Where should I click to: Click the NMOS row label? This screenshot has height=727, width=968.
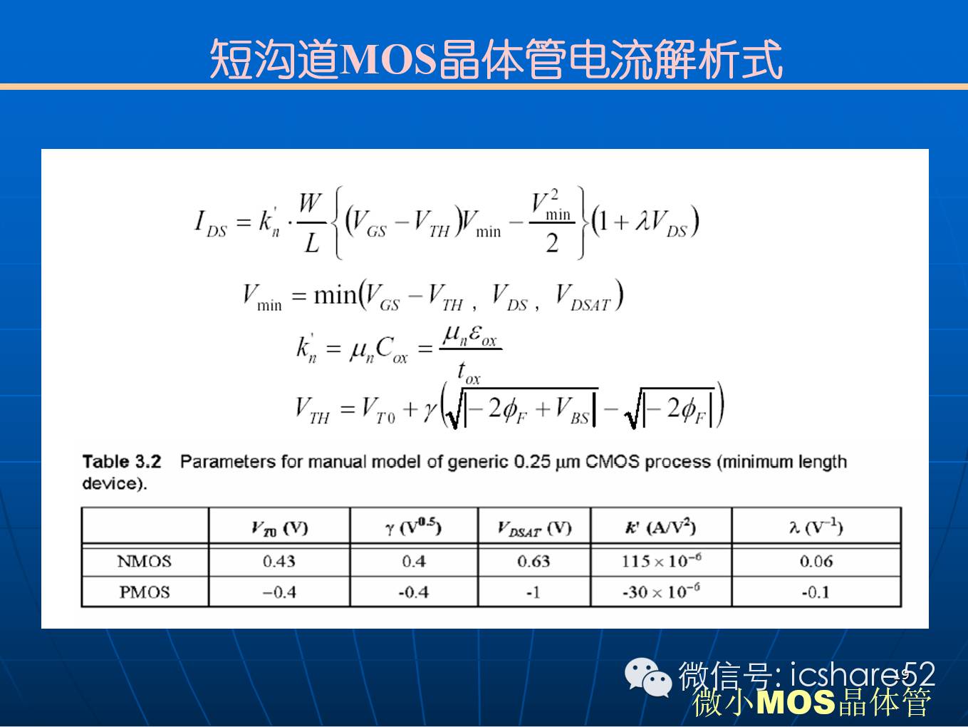(144, 561)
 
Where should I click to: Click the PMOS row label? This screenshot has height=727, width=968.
(144, 592)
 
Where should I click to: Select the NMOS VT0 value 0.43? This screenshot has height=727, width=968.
(279, 561)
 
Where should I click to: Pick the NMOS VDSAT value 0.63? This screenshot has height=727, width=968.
(534, 561)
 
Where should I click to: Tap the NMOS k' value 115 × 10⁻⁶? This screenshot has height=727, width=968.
(662, 560)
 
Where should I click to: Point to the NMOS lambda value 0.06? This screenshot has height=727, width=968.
(816, 561)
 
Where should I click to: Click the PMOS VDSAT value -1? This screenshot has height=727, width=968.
(534, 592)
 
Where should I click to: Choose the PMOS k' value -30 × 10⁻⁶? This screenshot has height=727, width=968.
(662, 591)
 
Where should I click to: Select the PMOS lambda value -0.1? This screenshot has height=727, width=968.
(816, 592)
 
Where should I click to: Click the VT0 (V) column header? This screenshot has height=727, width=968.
(280, 528)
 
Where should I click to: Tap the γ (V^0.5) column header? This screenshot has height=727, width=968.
(413, 527)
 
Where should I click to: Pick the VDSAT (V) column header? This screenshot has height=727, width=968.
(534, 528)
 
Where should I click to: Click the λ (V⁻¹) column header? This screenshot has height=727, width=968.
(816, 527)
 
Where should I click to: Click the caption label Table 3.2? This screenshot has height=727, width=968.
(122, 462)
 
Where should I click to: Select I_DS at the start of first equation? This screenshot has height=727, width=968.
(211, 223)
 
